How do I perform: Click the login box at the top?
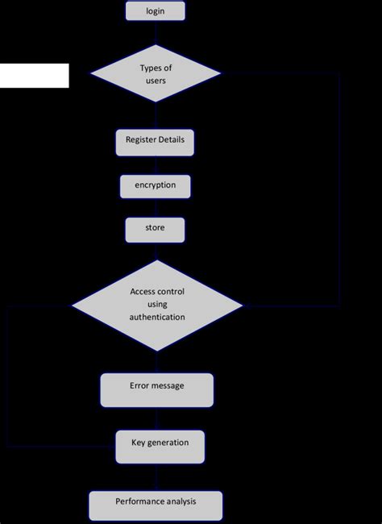(156, 10)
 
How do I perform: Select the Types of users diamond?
(156, 73)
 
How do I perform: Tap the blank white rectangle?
(34, 75)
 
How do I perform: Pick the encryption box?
(155, 185)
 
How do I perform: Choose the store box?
(155, 229)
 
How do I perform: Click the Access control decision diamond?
(157, 305)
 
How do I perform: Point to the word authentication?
(157, 318)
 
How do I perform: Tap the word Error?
(139, 385)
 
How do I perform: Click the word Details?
(172, 139)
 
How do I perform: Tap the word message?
(168, 385)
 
